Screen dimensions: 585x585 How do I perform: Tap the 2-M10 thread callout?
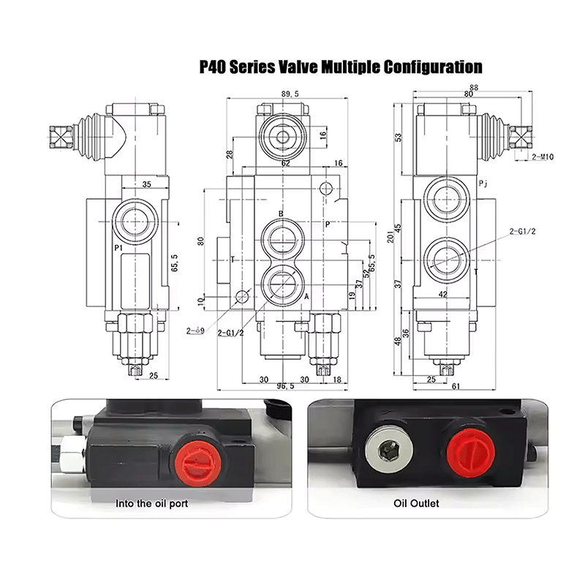tap(543, 156)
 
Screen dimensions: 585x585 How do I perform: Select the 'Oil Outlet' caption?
tap(416, 504)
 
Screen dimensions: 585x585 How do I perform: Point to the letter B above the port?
tap(281, 214)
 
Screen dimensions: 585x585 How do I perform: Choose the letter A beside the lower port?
tap(306, 296)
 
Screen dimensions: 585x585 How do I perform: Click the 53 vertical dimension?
tap(398, 137)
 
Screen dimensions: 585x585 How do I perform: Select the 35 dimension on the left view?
tap(146, 185)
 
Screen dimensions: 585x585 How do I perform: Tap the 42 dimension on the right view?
tap(443, 295)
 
